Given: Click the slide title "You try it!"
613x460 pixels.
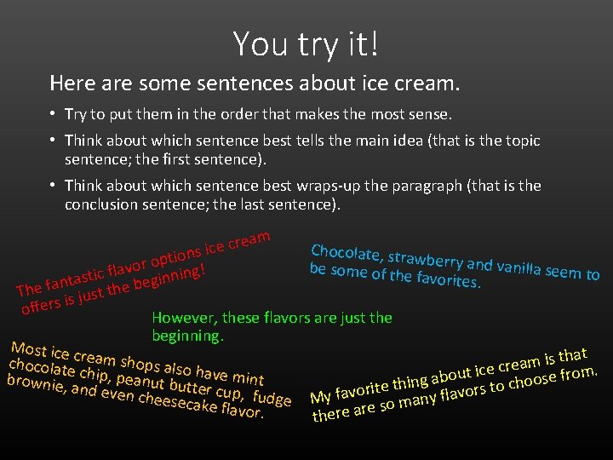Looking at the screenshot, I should (306, 43).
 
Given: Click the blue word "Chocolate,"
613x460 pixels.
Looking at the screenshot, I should (346, 253).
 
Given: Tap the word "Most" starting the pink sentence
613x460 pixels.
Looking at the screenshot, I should (27, 349).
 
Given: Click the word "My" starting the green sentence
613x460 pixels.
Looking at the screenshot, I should (321, 397).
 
